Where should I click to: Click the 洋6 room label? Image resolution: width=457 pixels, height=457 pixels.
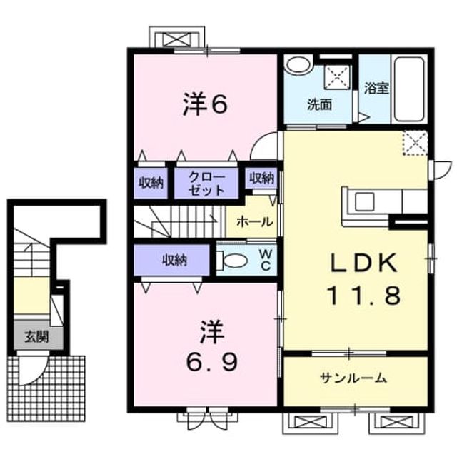click(x=205, y=104)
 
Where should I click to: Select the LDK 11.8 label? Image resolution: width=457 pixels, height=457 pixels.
click(x=364, y=279)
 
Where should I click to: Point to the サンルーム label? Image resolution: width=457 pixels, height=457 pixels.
click(x=353, y=378)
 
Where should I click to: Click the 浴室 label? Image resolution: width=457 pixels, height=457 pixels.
click(x=376, y=89)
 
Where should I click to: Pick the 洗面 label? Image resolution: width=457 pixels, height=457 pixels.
click(x=320, y=104)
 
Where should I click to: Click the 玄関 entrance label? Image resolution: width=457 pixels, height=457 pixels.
click(x=36, y=337)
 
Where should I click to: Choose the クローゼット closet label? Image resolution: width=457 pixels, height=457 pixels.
click(x=206, y=183)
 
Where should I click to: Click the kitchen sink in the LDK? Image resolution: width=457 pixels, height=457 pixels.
click(x=364, y=202)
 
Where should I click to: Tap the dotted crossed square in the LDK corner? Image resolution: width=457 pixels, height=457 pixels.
click(x=416, y=143)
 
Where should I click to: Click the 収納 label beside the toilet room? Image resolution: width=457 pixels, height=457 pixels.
click(x=174, y=260)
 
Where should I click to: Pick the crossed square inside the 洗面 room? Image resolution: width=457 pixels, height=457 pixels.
click(x=337, y=76)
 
